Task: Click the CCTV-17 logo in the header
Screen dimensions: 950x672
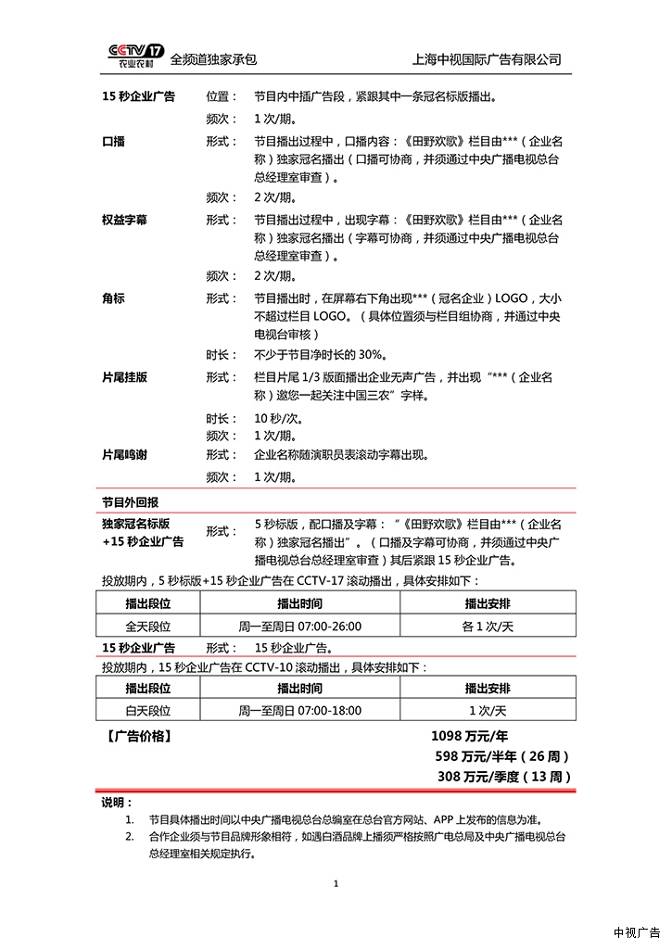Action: pyautogui.click(x=136, y=57)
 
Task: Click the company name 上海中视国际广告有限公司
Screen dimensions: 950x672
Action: pyautogui.click(x=488, y=59)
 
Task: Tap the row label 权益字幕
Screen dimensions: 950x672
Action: pyautogui.click(x=124, y=221)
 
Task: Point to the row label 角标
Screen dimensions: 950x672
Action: pyautogui.click(x=113, y=299)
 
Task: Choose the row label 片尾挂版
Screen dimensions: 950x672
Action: pyautogui.click(x=124, y=378)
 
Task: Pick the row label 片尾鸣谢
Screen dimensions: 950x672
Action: pyautogui.click(x=124, y=455)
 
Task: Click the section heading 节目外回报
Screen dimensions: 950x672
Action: pyautogui.click(x=130, y=501)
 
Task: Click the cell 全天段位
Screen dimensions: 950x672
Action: pyautogui.click(x=148, y=627)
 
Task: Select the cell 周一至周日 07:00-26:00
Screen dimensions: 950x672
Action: pyautogui.click(x=299, y=627)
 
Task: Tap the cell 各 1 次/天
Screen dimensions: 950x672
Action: pyautogui.click(x=488, y=627)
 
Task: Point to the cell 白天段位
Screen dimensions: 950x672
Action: pyautogui.click(x=148, y=711)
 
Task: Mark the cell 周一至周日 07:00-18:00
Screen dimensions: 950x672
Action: pyautogui.click(x=299, y=711)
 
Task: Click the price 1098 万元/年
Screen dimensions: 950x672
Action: pyautogui.click(x=469, y=736)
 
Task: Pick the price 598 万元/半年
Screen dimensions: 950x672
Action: pyautogui.click(x=496, y=756)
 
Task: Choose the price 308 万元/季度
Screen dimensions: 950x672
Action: pyautogui.click(x=503, y=777)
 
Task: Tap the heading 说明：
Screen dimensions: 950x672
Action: pyautogui.click(x=117, y=802)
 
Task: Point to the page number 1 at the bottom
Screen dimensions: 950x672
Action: pyautogui.click(x=336, y=883)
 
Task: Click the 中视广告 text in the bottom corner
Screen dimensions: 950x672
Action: pyautogui.click(x=637, y=932)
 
